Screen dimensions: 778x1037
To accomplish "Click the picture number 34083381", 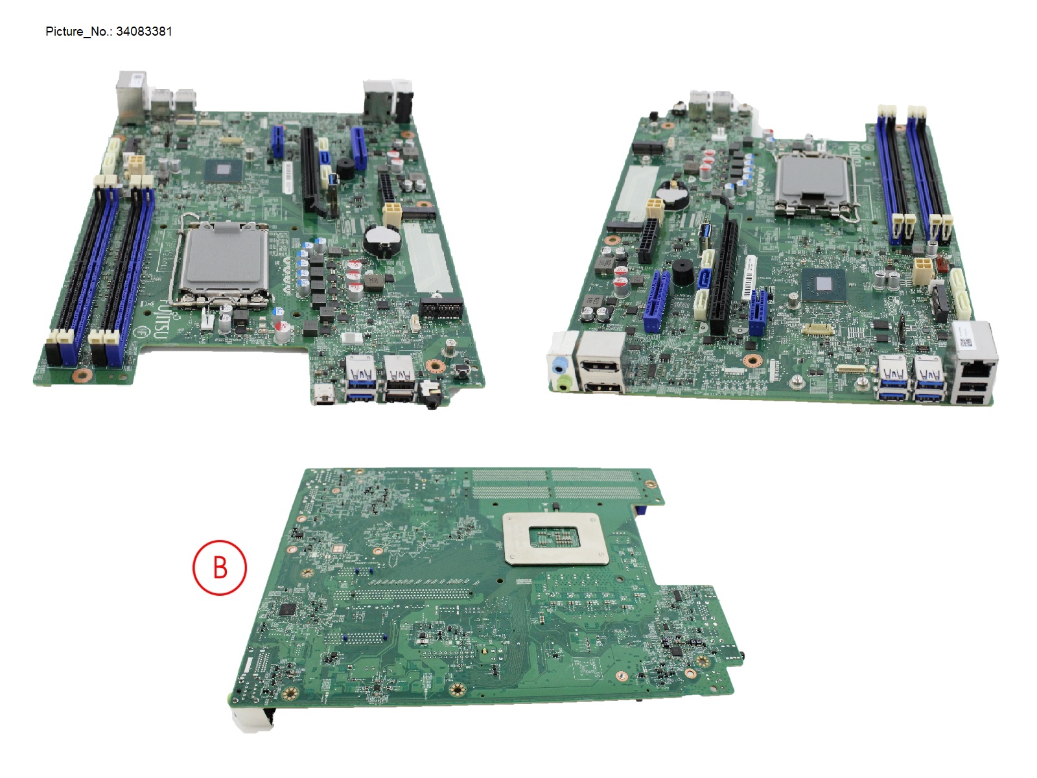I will click(x=144, y=31).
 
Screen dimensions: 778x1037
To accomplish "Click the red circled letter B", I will click(x=220, y=567).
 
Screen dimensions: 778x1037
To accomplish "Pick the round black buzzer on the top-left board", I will click(x=345, y=168).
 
